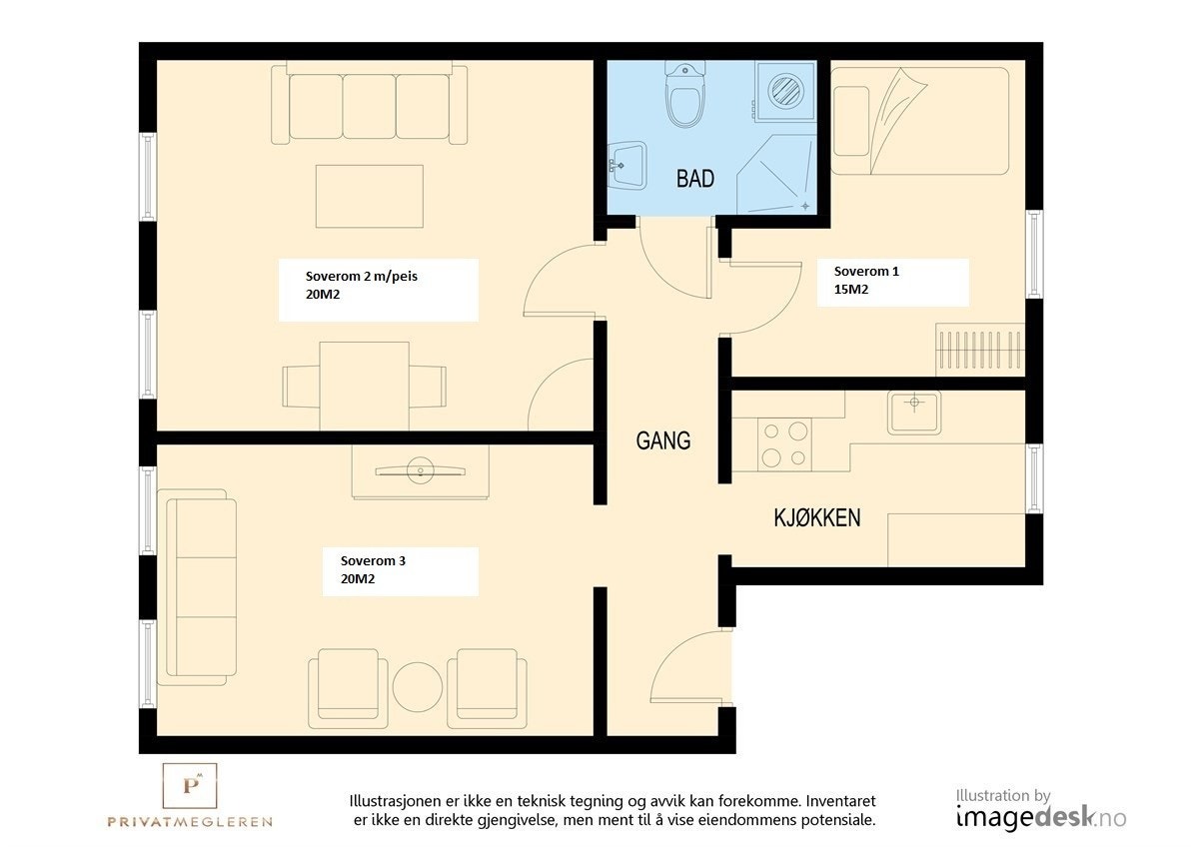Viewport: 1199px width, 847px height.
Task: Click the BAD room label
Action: click(x=695, y=179)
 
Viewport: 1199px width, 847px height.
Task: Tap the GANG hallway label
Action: click(x=663, y=440)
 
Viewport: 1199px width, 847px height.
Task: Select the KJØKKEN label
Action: click(x=817, y=518)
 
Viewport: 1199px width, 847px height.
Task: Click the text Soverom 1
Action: click(x=866, y=272)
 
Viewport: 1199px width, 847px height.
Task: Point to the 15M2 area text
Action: click(x=850, y=290)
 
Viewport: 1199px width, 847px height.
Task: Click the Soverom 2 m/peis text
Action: click(x=362, y=277)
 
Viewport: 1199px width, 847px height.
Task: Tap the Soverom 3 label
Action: click(x=373, y=560)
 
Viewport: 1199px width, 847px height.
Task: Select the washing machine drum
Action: click(x=785, y=91)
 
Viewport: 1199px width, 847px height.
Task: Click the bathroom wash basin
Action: click(x=626, y=166)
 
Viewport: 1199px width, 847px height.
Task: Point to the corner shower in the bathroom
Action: click(x=776, y=175)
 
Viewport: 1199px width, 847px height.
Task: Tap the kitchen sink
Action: click(x=914, y=412)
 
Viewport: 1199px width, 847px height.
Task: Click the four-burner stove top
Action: click(x=784, y=444)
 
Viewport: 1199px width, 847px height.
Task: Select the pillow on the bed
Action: click(x=851, y=121)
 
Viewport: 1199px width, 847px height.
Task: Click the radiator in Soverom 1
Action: click(x=980, y=350)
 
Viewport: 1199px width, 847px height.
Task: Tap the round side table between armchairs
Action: click(x=418, y=687)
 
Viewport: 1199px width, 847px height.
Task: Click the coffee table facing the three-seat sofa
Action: click(x=370, y=197)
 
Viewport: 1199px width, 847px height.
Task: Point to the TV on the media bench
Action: click(x=421, y=471)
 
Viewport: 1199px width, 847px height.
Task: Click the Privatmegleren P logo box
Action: click(x=190, y=785)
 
